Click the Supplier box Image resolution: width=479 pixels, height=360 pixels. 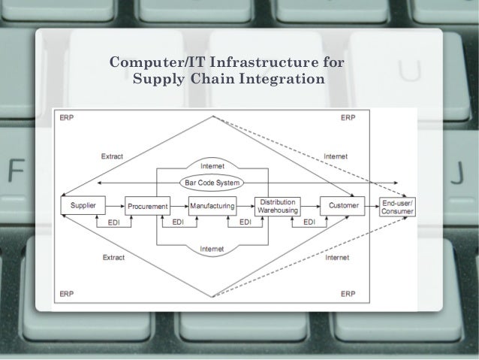pyautogui.click(x=83, y=204)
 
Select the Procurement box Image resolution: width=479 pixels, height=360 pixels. pyautogui.click(x=146, y=205)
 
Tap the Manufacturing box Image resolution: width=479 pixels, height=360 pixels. pyautogui.click(x=212, y=204)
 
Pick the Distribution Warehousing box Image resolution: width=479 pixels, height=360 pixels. pyautogui.click(x=277, y=205)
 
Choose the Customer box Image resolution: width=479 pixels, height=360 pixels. pyautogui.click(x=342, y=204)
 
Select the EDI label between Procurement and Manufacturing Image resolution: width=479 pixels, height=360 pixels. pyautogui.click(x=179, y=222)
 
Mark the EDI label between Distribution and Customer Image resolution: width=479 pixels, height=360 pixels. pyautogui.click(x=309, y=222)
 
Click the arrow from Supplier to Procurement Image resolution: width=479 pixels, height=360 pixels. pyautogui.click(x=113, y=204)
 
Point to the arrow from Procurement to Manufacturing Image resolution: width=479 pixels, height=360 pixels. pyautogui.click(x=178, y=204)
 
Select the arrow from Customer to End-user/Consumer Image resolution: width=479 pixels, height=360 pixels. pyautogui.click(x=372, y=204)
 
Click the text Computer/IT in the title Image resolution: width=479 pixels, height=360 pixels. pyautogui.click(x=149, y=61)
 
